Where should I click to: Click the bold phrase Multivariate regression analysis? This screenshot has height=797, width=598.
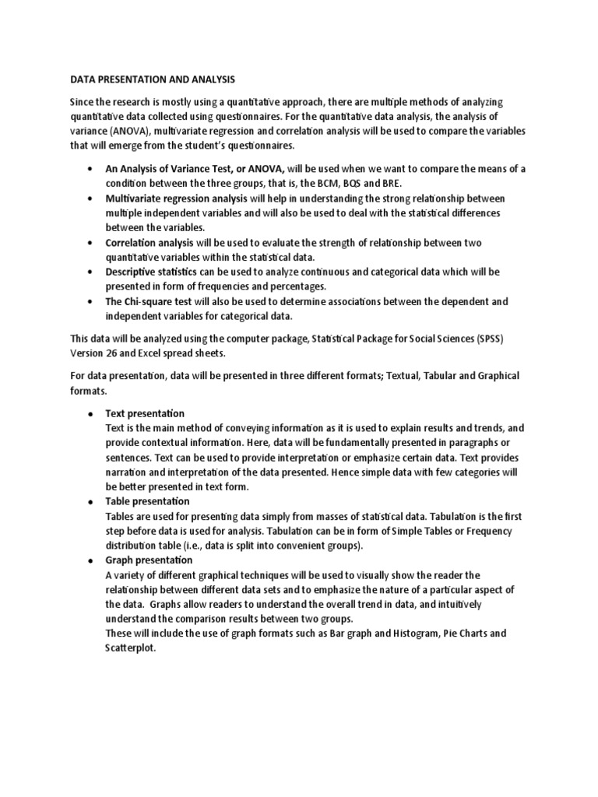pyautogui.click(x=177, y=198)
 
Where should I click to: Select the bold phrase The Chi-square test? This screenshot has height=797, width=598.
pyautogui.click(x=149, y=302)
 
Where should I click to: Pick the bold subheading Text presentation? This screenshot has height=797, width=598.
pyautogui.click(x=145, y=413)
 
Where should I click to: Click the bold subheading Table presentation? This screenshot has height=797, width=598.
pyautogui.click(x=147, y=501)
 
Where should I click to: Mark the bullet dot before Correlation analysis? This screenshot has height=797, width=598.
pyautogui.click(x=92, y=243)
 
